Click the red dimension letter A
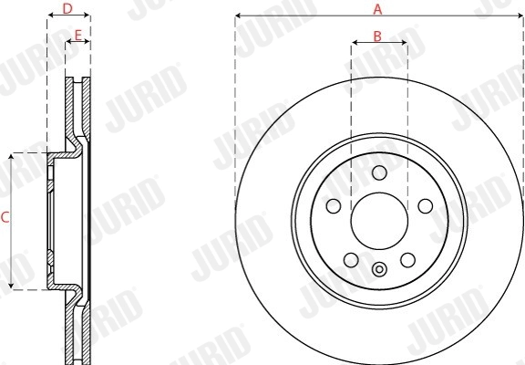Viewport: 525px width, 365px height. pos(377,8)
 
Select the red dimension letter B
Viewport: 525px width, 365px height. pos(377,36)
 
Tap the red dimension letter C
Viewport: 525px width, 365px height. pos(5,217)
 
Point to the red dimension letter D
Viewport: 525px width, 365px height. pos(67,8)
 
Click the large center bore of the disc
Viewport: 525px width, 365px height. pos(378,217)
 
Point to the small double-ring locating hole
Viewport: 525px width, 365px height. pos(379,267)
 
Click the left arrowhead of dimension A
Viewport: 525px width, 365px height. pos(237,16)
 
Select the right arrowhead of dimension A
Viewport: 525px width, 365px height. pos(520,16)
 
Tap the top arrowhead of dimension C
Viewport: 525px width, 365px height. pos(10,156)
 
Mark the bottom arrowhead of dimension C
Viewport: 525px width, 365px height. pos(10,287)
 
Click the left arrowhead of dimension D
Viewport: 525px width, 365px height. pos(49,16)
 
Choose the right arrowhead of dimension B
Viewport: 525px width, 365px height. pos(404,44)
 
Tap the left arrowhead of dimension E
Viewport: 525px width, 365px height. pos(67,42)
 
